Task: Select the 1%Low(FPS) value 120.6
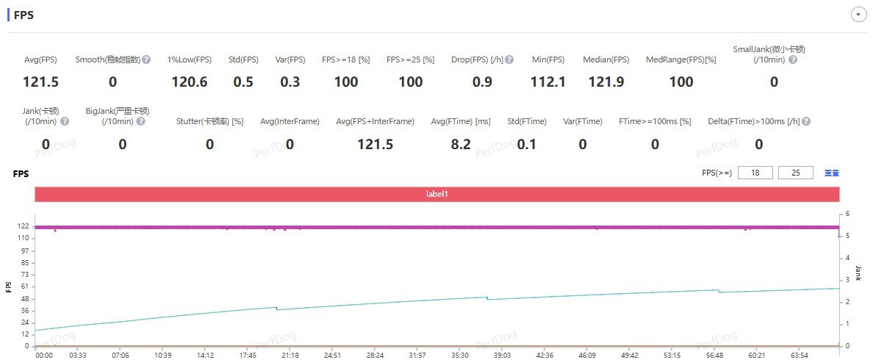point(189,82)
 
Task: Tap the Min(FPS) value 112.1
point(548,82)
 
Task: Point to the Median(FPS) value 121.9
point(606,82)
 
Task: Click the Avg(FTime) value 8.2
point(461,145)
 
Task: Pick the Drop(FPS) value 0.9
point(482,82)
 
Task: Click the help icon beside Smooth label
point(146,60)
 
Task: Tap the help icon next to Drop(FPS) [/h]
point(509,60)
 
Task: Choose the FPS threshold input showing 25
point(796,173)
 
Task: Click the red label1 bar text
point(437,194)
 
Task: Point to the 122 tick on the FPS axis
point(22,226)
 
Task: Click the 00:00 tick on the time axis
point(45,354)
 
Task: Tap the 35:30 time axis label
point(460,354)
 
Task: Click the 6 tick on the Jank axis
point(847,214)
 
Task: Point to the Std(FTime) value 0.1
point(526,145)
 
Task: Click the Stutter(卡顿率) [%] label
point(209,121)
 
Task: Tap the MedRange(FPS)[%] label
point(680,60)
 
